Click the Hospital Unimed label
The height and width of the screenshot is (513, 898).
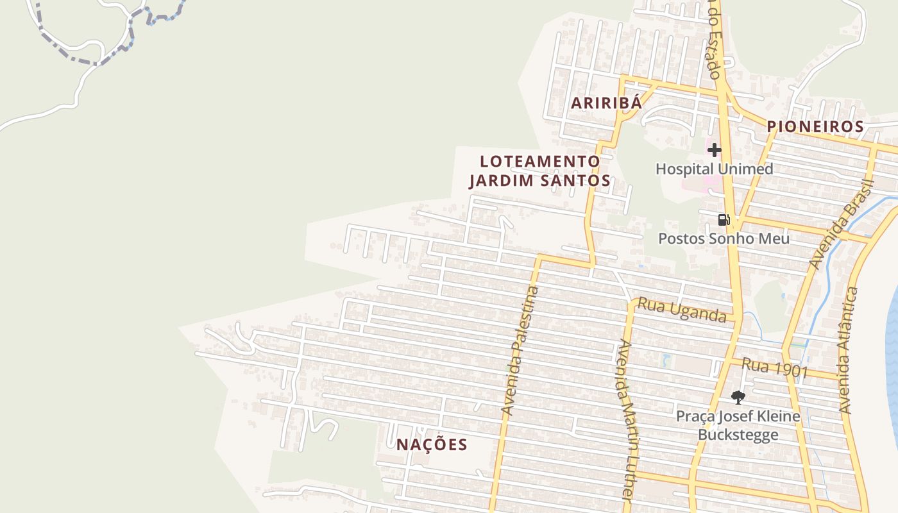click(x=714, y=169)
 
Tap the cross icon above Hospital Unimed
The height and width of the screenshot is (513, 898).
click(x=714, y=150)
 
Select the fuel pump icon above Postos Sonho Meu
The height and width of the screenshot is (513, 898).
click(x=724, y=220)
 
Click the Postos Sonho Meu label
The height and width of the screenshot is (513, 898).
click(x=724, y=239)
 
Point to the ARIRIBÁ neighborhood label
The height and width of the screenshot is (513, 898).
click(x=606, y=103)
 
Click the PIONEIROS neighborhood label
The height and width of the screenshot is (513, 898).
click(x=815, y=127)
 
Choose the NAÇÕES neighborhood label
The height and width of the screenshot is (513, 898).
click(x=431, y=445)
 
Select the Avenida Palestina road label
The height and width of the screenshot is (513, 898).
click(x=520, y=351)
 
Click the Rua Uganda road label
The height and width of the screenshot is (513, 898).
click(x=682, y=311)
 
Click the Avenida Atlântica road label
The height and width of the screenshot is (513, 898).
click(x=848, y=350)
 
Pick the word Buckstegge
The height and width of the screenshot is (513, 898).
click(x=738, y=434)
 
